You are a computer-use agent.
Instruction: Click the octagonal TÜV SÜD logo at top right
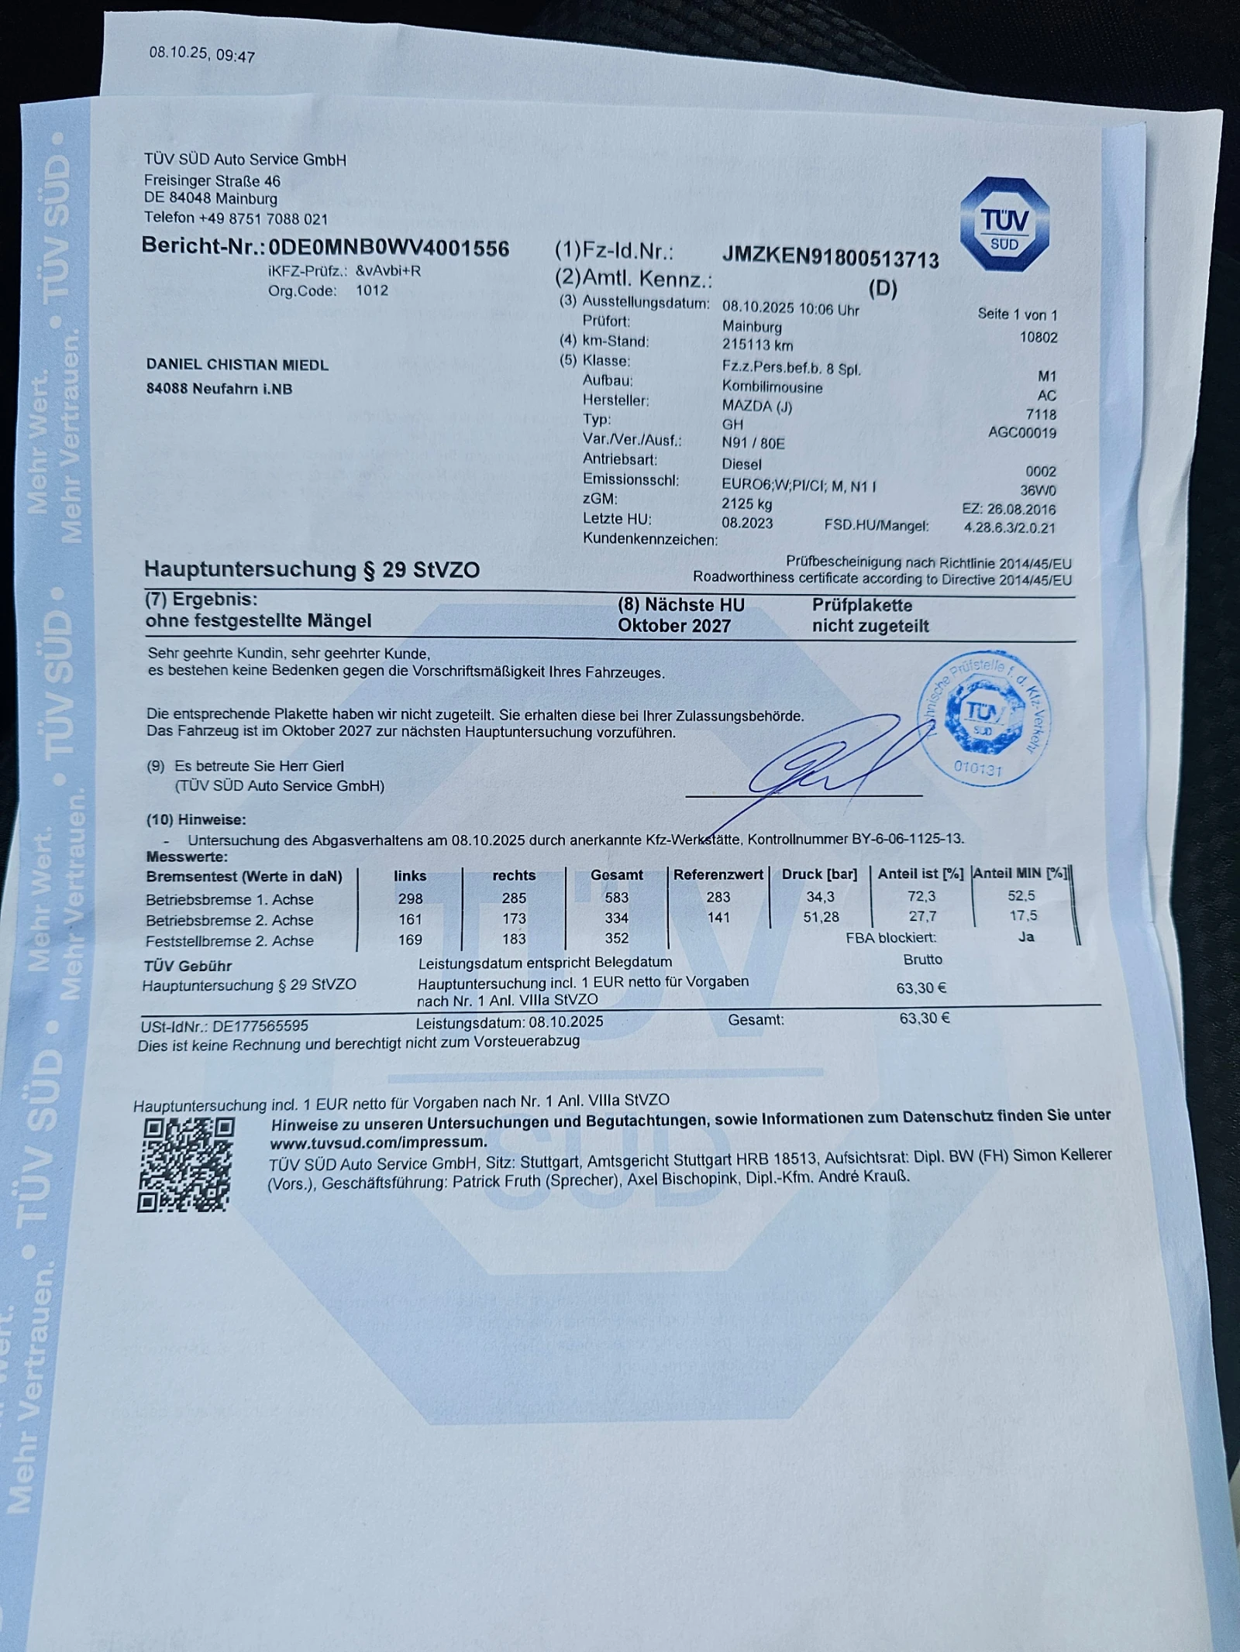click(1004, 225)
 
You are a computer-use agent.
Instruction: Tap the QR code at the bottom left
click(185, 1165)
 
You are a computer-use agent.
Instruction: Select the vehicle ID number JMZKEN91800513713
click(830, 258)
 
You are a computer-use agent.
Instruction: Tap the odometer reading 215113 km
click(757, 345)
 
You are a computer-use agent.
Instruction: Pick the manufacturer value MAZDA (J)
click(756, 406)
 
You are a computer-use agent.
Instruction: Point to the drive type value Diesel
click(742, 464)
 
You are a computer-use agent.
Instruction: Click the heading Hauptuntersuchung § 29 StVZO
click(312, 570)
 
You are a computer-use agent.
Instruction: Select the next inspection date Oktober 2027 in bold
click(673, 626)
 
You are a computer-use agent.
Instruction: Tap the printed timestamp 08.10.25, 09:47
click(201, 54)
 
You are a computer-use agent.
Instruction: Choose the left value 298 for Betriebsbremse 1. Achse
click(410, 898)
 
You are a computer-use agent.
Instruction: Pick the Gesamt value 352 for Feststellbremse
click(616, 939)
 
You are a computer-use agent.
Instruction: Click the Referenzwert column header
click(718, 874)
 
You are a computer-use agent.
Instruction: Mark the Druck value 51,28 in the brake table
click(821, 917)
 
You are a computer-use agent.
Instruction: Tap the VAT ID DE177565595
click(260, 1025)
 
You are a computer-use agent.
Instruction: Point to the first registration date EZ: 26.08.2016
click(1008, 510)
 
